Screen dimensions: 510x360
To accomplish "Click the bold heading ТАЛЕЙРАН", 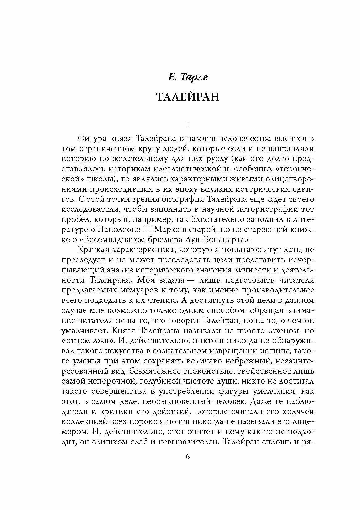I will [x=188, y=97].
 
